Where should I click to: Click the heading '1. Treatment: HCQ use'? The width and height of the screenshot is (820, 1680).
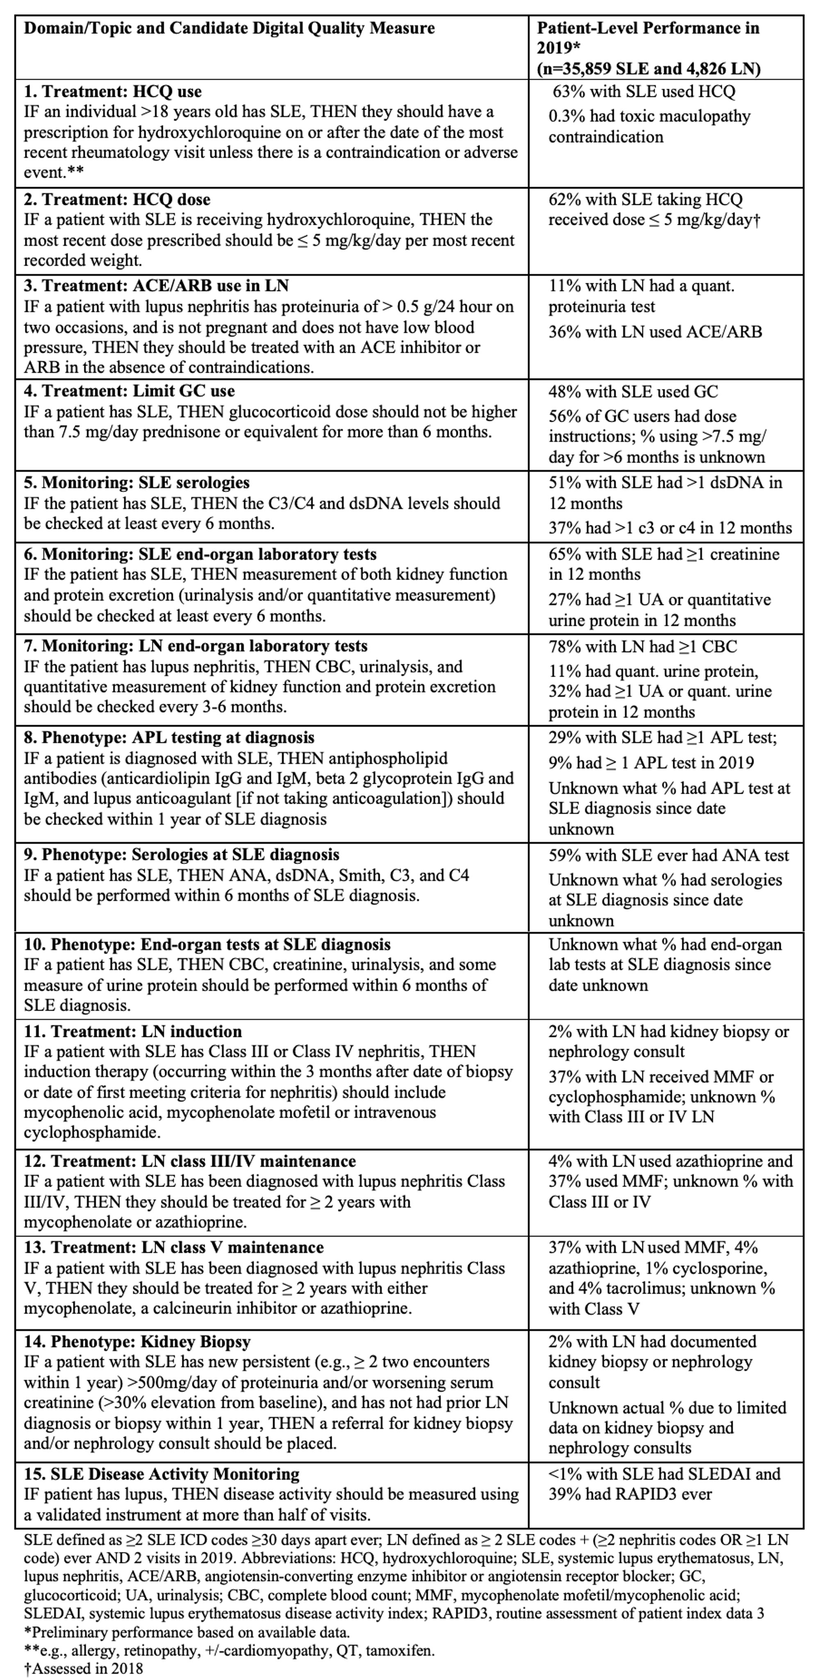(x=113, y=91)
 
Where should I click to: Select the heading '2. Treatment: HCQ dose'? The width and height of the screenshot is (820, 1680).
(x=117, y=200)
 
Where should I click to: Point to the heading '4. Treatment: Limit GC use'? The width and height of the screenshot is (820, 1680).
(x=129, y=391)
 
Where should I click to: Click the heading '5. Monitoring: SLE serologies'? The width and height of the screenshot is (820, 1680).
(x=137, y=483)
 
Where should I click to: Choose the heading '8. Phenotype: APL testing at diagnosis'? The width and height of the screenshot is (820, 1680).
(x=169, y=738)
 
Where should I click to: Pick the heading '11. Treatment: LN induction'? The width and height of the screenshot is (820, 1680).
(x=133, y=1031)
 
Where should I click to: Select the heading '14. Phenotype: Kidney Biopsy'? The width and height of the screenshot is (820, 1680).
(x=138, y=1341)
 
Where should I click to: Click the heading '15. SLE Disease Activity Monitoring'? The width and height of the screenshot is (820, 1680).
(x=162, y=1473)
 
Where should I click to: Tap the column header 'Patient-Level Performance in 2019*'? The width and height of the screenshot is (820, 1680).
(x=648, y=38)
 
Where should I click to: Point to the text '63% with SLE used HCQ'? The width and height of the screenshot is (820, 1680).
(x=643, y=91)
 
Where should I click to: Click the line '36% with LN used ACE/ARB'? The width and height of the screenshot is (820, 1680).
(x=655, y=332)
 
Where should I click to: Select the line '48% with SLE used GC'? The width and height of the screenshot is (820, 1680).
(x=633, y=391)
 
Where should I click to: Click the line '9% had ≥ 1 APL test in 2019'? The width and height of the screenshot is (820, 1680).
(x=651, y=763)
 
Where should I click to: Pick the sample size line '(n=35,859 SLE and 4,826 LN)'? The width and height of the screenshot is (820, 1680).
(x=649, y=68)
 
